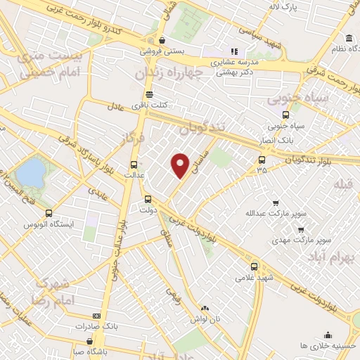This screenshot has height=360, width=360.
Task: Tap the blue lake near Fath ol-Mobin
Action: click(x=30, y=172)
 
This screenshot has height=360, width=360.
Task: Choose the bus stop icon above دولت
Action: click(x=148, y=198)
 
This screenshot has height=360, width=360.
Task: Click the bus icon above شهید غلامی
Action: click(x=254, y=266)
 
